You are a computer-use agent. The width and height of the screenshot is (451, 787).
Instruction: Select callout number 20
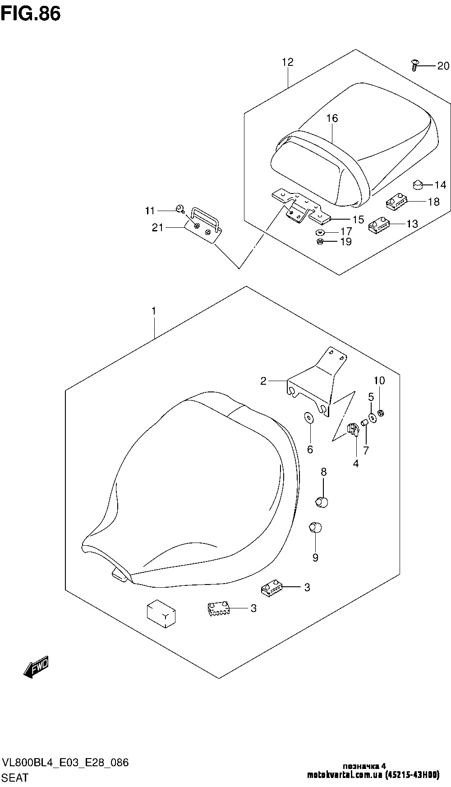point(443,66)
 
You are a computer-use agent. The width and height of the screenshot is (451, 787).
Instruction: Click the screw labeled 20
point(414,65)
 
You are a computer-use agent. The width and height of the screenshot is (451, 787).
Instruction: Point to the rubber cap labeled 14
point(417,184)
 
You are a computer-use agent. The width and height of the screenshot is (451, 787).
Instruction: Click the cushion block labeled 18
point(397,200)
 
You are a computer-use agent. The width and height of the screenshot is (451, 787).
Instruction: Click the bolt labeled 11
point(180,208)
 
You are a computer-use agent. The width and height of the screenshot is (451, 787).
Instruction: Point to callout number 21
point(157,228)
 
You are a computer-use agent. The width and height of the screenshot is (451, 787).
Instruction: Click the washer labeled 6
point(308,418)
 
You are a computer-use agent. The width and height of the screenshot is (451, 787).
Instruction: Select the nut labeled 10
point(381,413)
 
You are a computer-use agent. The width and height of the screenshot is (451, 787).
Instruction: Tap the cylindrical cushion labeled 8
point(322,501)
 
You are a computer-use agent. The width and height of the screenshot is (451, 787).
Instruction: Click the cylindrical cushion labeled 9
point(315,527)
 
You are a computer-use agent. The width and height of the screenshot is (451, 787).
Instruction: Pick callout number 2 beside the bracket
point(263,381)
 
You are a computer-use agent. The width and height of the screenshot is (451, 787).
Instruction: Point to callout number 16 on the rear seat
point(332,118)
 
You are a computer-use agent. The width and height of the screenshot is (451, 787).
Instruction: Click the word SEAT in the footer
point(15,778)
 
